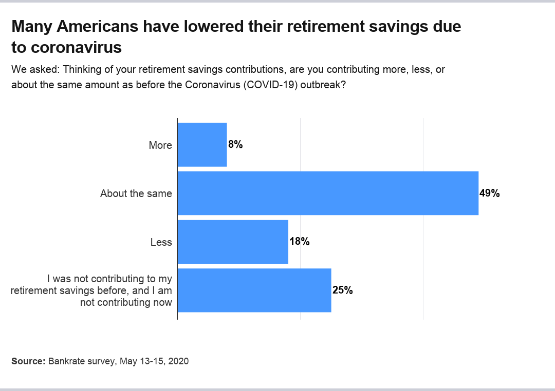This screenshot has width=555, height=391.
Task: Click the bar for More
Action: click(x=202, y=145)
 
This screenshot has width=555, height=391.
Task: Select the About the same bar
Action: click(x=328, y=193)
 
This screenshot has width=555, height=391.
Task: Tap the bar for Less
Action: click(x=233, y=242)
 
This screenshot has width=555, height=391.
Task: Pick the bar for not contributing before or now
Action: click(x=254, y=290)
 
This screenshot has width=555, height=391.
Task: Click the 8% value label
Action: click(x=235, y=145)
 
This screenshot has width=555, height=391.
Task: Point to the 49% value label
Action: click(x=489, y=193)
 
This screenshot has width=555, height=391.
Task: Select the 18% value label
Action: click(x=299, y=242)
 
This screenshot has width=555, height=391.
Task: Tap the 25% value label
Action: click(x=342, y=290)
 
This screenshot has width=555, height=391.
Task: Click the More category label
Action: click(x=160, y=145)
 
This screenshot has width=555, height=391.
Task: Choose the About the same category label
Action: click(x=136, y=193)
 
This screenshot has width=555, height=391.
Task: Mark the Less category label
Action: click(x=161, y=242)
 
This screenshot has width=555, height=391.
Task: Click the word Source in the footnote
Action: click(x=28, y=361)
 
